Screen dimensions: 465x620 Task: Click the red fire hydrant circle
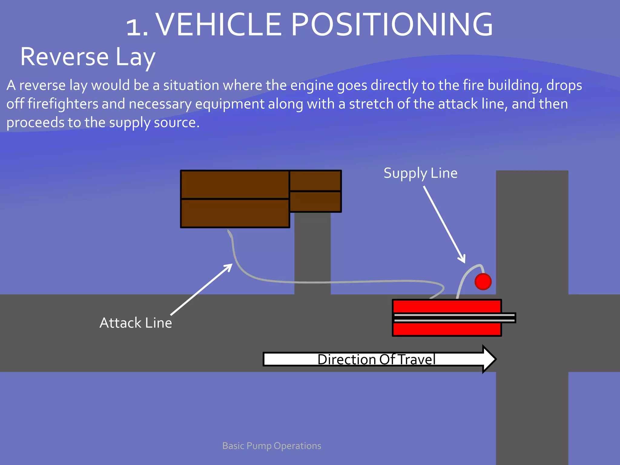tap(483, 282)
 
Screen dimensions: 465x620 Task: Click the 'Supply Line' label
tap(420, 173)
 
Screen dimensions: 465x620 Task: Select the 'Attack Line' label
tap(136, 323)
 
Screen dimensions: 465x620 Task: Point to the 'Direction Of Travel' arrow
tap(378, 359)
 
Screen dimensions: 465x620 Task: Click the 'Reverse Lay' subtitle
tap(88, 57)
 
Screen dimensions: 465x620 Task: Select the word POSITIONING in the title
tap(392, 25)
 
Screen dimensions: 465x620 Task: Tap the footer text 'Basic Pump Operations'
tap(272, 446)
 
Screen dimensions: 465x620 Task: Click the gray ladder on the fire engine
tap(454, 318)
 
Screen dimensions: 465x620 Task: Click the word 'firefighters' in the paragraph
tap(63, 104)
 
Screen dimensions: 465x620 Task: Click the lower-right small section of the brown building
tap(315, 202)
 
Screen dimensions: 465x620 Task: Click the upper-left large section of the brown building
tap(235, 184)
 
